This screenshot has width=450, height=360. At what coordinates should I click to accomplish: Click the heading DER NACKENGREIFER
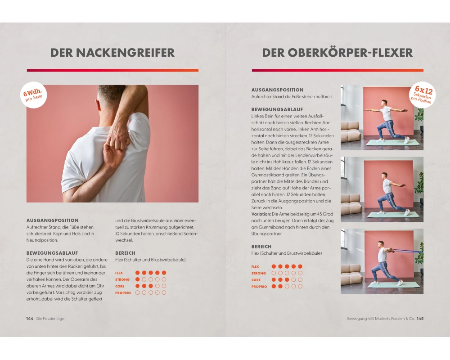tap(112, 53)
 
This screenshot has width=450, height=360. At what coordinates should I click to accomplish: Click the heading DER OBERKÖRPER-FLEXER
tap(337, 53)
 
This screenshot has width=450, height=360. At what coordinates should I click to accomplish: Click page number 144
tap(30, 318)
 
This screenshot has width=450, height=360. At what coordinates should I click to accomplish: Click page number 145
tap(420, 318)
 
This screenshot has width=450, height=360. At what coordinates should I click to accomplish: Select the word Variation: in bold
tap(261, 214)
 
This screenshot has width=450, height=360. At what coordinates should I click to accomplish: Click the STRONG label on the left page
tap(122, 279)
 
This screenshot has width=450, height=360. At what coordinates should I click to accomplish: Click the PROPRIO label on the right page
tap(259, 287)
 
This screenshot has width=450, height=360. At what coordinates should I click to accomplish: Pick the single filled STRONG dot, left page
tap(137, 279)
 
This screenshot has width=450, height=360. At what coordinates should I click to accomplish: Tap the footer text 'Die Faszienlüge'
tap(50, 318)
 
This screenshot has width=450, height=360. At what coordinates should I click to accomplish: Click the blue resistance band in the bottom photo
tap(406, 251)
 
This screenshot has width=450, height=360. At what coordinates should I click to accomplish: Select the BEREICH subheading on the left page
tap(125, 253)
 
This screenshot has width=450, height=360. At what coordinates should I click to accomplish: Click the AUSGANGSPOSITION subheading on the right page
tap(277, 90)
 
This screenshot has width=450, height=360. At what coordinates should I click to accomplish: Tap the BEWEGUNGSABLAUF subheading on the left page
tap(52, 253)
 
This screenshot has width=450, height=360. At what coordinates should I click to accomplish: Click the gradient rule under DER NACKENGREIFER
tap(112, 70)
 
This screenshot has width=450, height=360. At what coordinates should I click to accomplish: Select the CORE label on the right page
tap(256, 280)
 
